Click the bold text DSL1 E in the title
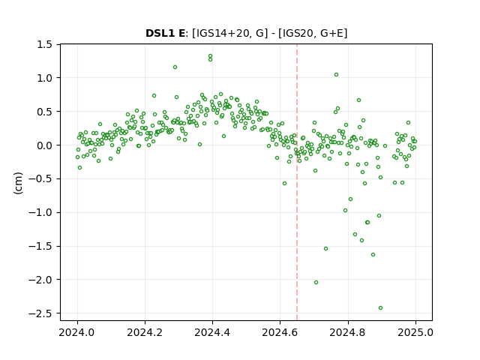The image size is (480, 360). (x=165, y=33)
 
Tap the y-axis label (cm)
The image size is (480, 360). (x=18, y=183)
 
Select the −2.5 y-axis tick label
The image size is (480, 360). (x=44, y=313)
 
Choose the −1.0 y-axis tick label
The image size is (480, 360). (x=44, y=213)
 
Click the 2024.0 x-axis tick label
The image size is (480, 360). (x=77, y=332)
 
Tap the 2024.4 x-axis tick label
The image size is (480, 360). (x=212, y=332)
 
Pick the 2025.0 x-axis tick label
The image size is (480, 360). (x=415, y=332)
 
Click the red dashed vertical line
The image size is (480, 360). (x=297, y=182)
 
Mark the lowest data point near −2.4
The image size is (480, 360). (x=380, y=308)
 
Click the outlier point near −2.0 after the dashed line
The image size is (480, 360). (x=316, y=283)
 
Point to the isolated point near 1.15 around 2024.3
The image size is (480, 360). (x=175, y=67)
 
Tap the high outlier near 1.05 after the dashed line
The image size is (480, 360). (x=336, y=75)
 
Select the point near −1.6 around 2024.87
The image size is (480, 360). (x=373, y=255)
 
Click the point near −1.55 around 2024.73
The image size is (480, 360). (x=326, y=248)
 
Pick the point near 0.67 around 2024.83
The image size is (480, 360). (x=358, y=100)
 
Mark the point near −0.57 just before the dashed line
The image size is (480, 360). (x=284, y=183)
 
